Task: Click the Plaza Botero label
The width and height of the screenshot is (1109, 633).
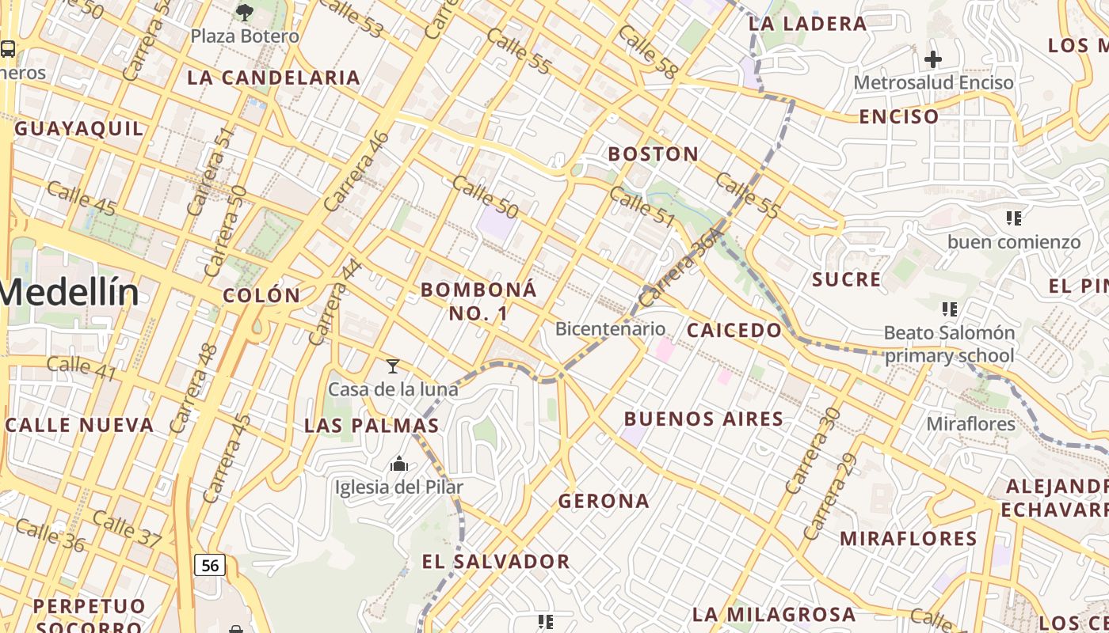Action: (x=245, y=36)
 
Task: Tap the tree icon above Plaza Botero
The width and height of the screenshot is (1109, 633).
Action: (x=245, y=12)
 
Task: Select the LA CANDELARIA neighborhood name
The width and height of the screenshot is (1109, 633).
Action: (x=274, y=78)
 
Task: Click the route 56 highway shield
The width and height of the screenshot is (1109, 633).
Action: (x=210, y=565)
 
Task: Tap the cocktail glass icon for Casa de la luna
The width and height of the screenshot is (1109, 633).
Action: (x=392, y=366)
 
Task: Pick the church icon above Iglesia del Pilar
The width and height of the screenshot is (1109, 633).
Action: (x=399, y=464)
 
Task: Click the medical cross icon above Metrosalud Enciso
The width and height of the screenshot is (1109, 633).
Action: (x=933, y=59)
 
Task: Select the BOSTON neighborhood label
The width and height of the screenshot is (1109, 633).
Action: (x=654, y=154)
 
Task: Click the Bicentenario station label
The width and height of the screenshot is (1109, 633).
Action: (x=610, y=328)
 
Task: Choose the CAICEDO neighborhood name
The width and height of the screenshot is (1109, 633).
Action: (x=734, y=330)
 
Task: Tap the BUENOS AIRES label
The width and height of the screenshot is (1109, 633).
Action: (x=704, y=419)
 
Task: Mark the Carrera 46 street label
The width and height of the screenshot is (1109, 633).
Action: (x=357, y=170)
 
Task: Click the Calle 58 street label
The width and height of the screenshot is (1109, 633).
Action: (x=648, y=52)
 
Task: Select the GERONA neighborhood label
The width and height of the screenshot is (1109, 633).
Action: (x=604, y=501)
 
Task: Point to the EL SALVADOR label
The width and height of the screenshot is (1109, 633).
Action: (x=496, y=562)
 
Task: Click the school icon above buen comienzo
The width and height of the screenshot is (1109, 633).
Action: (x=1013, y=218)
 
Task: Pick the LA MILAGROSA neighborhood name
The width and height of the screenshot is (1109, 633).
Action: (x=774, y=614)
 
